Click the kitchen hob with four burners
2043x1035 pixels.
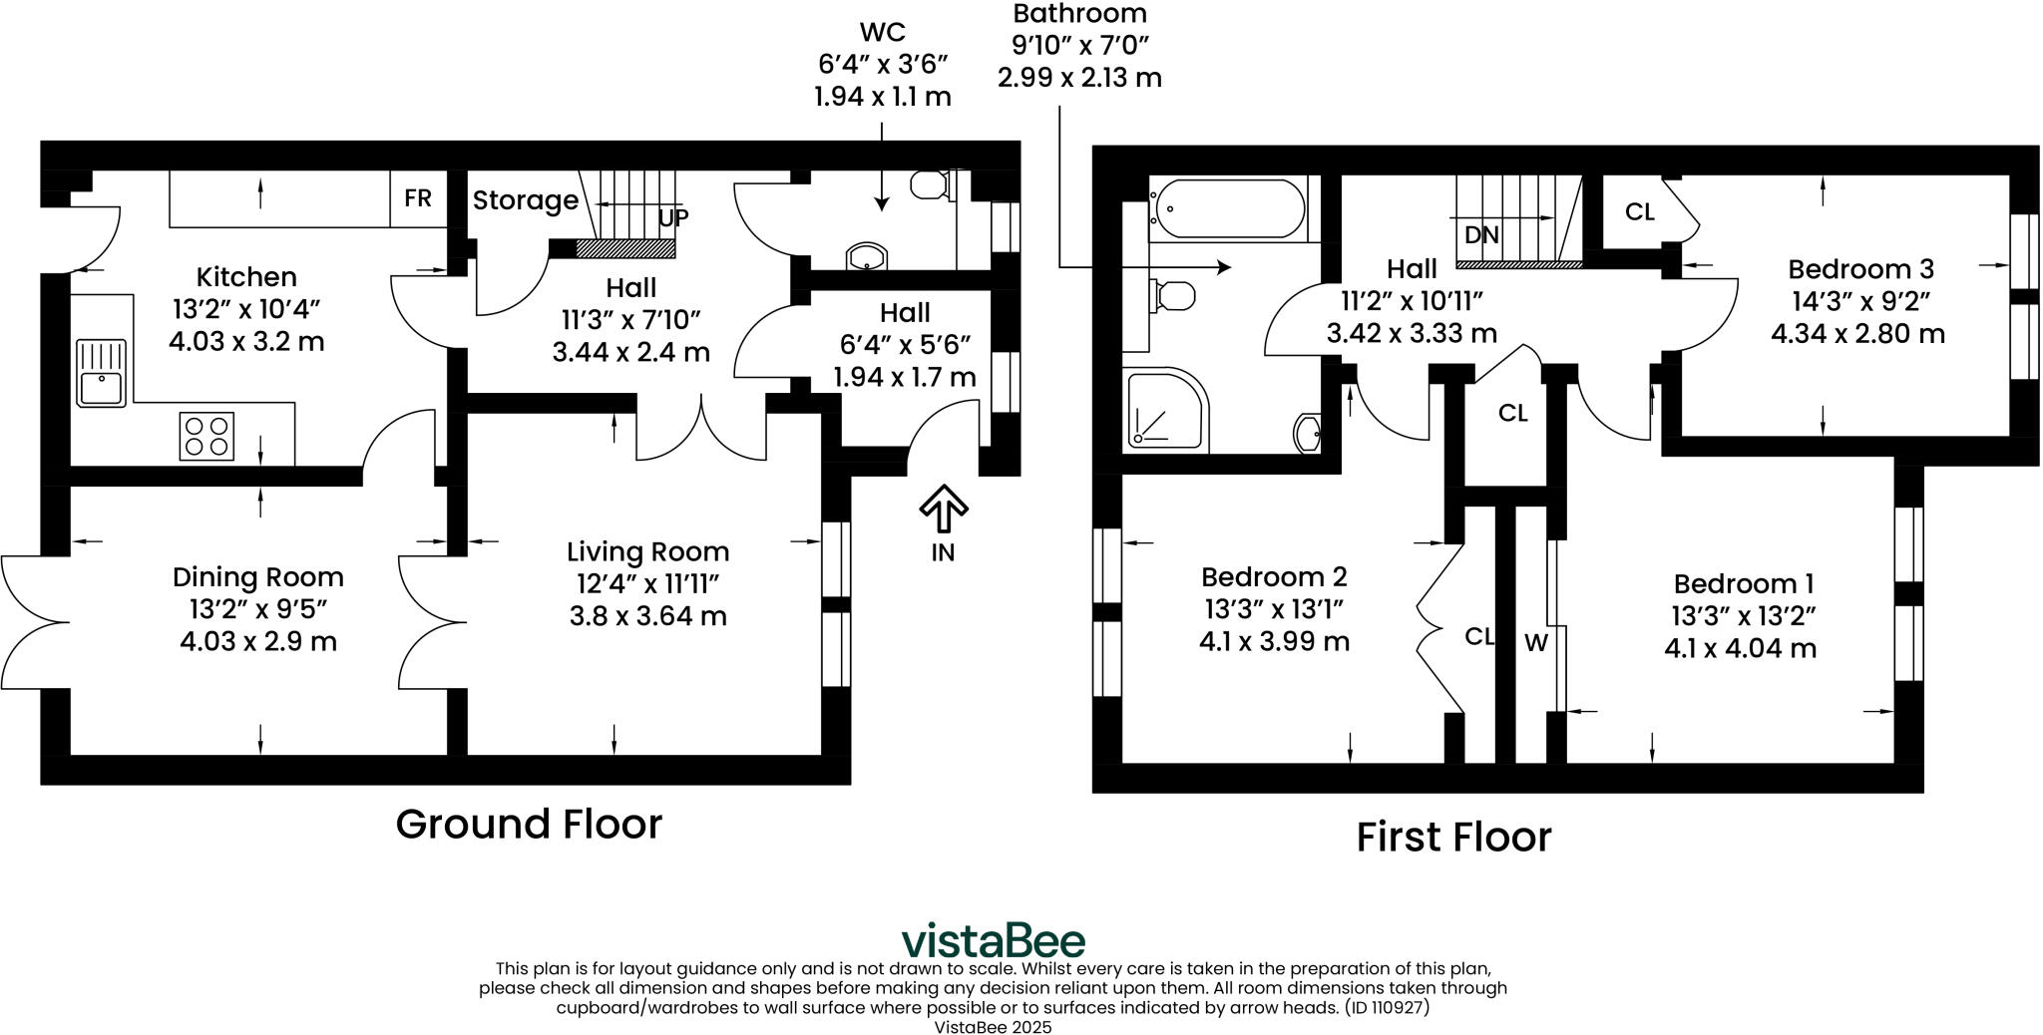pos(206,436)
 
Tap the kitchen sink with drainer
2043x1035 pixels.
pos(101,373)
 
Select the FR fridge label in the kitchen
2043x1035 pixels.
pos(418,198)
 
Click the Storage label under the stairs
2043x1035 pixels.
pos(525,200)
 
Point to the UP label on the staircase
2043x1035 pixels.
pos(673,217)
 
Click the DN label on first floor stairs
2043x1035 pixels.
pos(1481,235)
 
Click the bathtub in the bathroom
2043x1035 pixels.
pos(1227,209)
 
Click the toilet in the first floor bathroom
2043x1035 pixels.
pos(1173,295)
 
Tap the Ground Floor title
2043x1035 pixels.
pos(529,825)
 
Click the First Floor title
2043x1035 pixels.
pos(1453,838)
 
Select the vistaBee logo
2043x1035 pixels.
pos(993,940)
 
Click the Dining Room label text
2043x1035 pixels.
pos(257,577)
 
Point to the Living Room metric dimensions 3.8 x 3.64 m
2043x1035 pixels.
pos(647,616)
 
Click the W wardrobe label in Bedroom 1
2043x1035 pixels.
pos(1535,644)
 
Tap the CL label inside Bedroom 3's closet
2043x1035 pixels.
pos(1639,212)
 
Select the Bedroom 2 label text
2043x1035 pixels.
pos(1274,577)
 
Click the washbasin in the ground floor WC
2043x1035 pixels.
pos(867,256)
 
